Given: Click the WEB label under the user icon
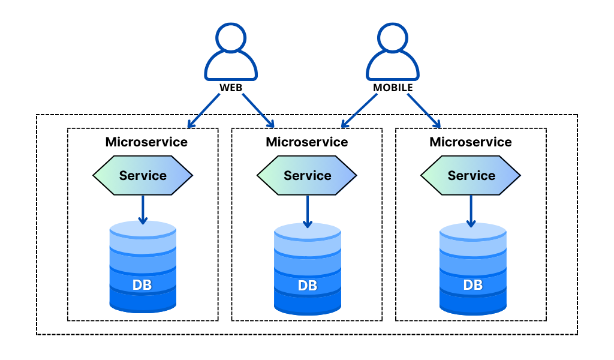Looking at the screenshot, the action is [231, 88].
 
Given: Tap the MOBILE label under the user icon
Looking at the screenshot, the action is [393, 88].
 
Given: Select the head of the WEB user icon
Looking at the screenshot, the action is [231, 38].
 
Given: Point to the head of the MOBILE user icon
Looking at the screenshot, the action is [393, 38].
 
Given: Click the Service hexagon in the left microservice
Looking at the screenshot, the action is [143, 175].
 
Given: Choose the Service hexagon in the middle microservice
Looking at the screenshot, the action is [307, 175].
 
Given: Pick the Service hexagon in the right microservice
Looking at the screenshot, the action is [471, 175].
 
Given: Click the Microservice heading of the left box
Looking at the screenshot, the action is [146, 142].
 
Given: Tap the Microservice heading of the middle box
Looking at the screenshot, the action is [307, 142].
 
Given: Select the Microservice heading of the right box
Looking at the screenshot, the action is [471, 142].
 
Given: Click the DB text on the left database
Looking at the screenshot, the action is [142, 285].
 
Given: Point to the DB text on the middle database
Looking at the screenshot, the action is [308, 286].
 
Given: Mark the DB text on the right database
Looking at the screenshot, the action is [473, 285].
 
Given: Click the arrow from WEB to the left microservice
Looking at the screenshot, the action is [204, 111].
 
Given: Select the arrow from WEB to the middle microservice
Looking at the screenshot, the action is [258, 111].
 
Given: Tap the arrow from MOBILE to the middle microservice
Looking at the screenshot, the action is [359, 111].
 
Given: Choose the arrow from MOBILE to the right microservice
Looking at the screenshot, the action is [424, 111].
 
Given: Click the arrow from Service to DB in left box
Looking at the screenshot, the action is [143, 210].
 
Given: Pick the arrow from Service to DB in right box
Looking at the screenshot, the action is [471, 212].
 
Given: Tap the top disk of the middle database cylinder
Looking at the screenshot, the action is [308, 232].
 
